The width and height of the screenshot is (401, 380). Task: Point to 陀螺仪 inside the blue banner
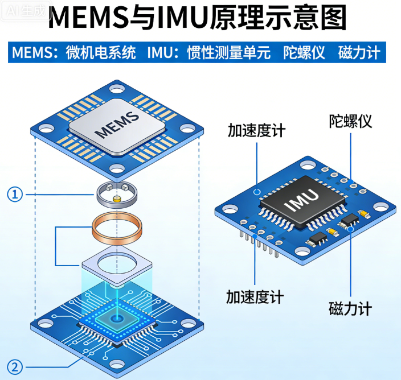click(x=304, y=53)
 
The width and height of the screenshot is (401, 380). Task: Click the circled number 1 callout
click(x=15, y=195)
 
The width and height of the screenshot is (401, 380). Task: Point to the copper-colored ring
click(x=116, y=226)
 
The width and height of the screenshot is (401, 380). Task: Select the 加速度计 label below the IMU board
click(x=255, y=296)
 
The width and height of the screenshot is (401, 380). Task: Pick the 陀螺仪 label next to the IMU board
click(x=350, y=121)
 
